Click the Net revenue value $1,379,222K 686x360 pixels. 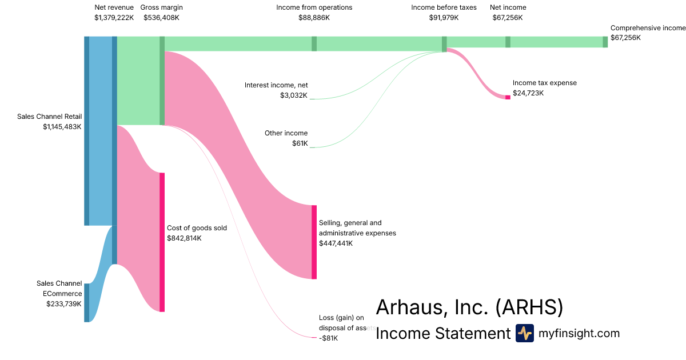coord(114,18)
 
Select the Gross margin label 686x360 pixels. coord(161,7)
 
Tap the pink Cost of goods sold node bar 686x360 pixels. coord(162,242)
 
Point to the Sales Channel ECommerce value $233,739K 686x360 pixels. coord(64,304)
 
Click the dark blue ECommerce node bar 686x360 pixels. coord(87,302)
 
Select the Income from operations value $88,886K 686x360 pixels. coord(314,18)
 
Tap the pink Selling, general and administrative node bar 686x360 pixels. coord(314,242)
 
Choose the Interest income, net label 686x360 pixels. coord(276,85)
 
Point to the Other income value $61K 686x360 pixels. coord(300,143)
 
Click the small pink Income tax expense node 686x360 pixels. coord(508,97)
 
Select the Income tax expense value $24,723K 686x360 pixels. coord(528,93)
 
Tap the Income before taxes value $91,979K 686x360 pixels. coord(444,18)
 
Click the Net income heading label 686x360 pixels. coord(508,7)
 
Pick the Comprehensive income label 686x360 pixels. coord(647,27)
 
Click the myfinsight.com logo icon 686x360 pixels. coord(524,333)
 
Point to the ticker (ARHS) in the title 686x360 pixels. coord(529,307)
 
